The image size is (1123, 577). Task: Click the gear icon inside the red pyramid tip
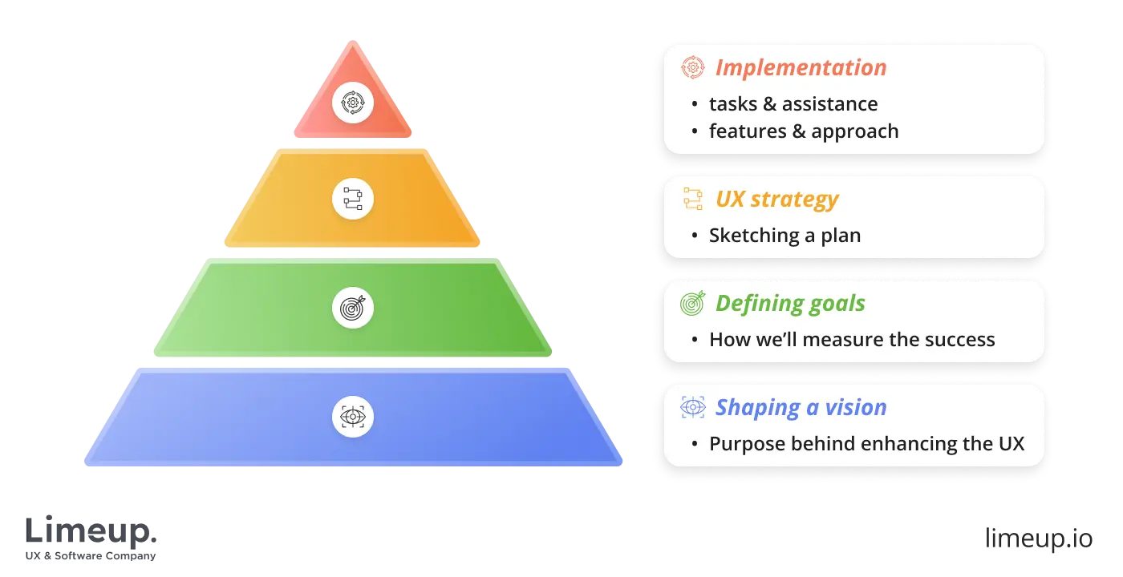352,102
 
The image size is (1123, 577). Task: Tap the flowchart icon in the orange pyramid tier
352,199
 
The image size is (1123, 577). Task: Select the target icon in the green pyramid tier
352,308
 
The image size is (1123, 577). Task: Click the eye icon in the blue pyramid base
352,417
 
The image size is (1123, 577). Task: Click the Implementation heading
801,68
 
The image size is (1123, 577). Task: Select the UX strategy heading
776,200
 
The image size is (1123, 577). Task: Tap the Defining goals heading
790,304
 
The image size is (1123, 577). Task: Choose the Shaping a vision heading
801,408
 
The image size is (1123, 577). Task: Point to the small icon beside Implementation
692,68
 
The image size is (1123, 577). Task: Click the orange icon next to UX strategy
692,200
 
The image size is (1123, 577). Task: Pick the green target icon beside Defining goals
692,303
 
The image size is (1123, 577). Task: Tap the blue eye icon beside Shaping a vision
692,407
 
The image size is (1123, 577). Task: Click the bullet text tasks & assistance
793,104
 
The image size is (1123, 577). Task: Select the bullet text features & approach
803,131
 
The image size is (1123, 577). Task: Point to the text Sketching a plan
784,236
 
